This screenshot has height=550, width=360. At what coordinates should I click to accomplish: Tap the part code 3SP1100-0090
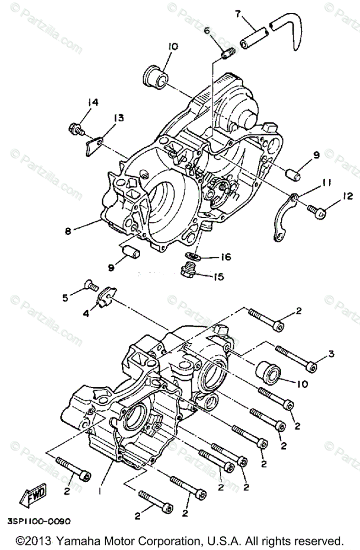click(x=39, y=522)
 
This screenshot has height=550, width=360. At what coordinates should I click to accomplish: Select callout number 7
click(x=238, y=14)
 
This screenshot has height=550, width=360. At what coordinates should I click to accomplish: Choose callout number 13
click(x=118, y=119)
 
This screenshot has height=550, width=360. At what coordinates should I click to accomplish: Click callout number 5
click(x=65, y=298)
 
